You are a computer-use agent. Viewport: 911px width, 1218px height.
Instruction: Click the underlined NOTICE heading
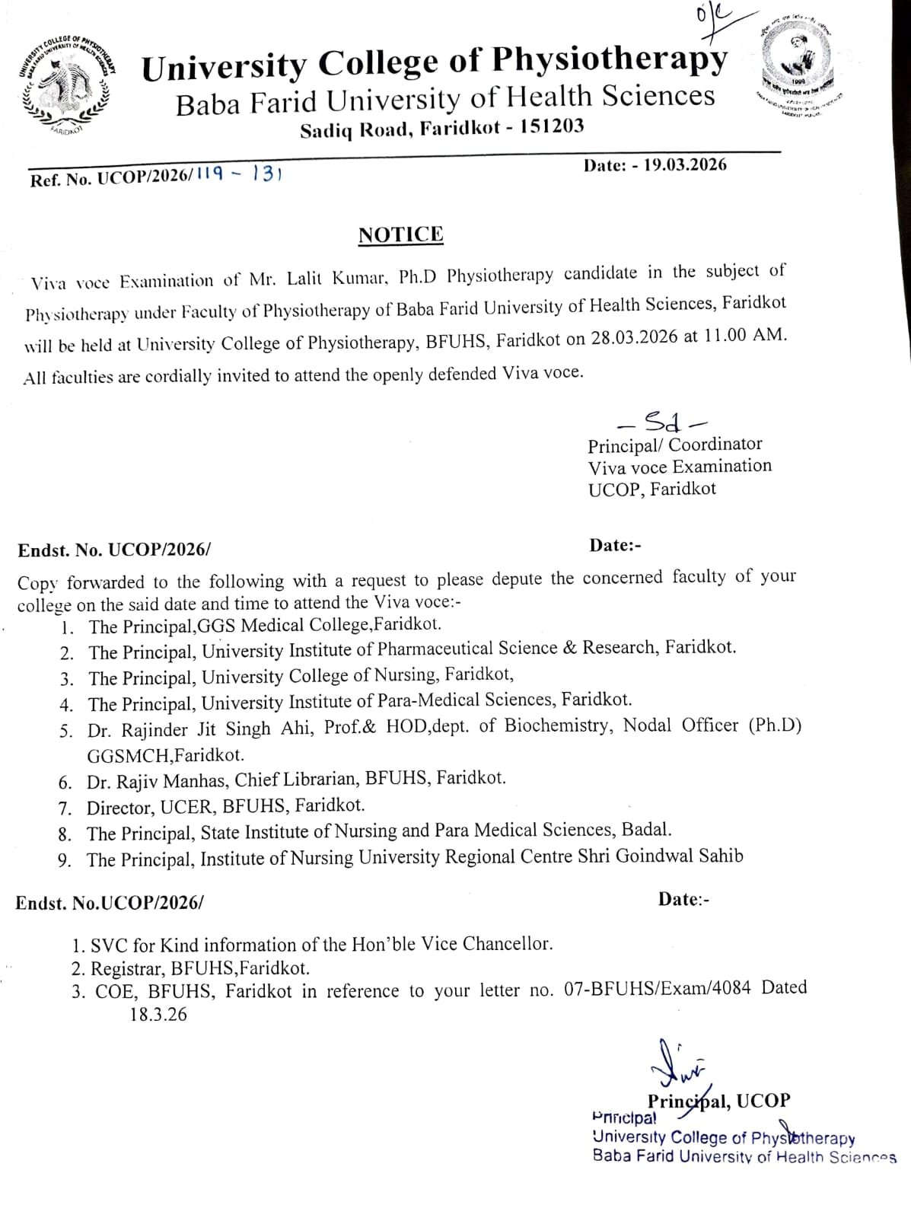point(400,234)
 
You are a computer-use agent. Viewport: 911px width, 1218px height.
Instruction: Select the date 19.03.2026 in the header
point(685,165)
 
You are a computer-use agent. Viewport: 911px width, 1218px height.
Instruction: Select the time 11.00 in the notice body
point(723,336)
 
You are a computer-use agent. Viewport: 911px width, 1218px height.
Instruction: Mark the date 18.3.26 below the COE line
point(158,1015)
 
